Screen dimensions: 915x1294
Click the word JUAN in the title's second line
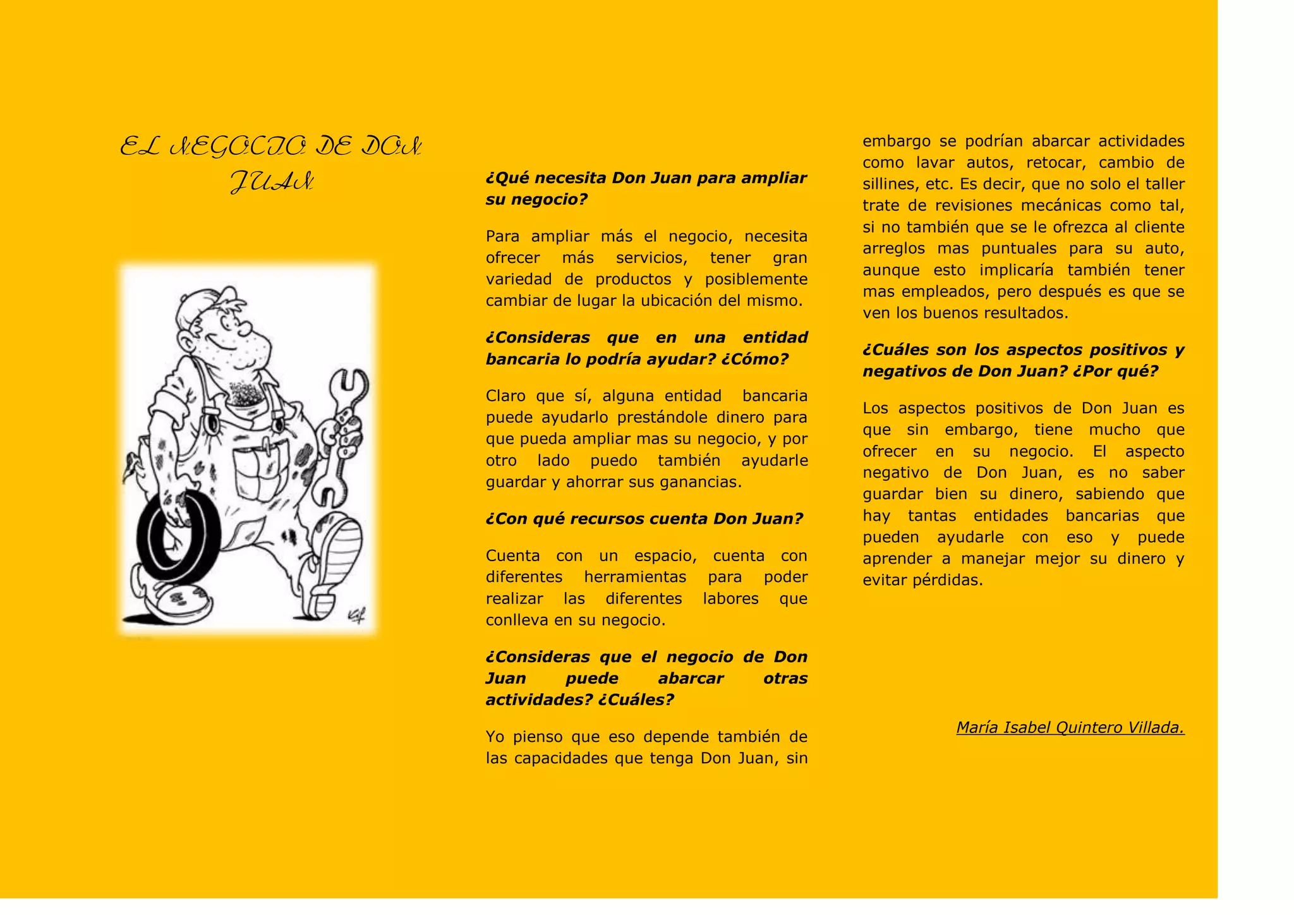tap(272, 183)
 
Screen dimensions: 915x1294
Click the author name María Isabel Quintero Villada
tap(1070, 727)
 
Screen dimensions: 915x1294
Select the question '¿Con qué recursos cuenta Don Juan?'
tap(644, 519)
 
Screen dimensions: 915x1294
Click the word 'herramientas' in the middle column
tap(634, 577)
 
